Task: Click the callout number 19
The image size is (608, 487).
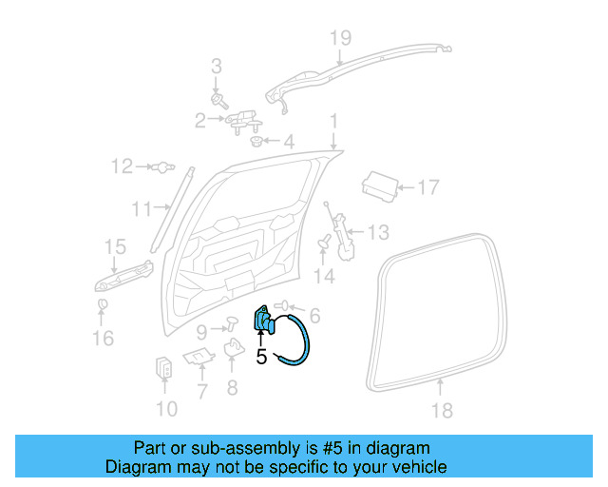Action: tap(340, 37)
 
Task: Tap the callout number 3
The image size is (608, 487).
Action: tap(216, 67)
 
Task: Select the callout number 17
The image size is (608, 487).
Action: tap(428, 186)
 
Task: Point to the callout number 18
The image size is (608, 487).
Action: tap(443, 411)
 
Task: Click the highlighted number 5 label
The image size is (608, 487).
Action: tap(261, 357)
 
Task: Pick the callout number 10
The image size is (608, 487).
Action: tap(165, 410)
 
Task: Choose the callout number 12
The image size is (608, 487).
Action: tap(121, 167)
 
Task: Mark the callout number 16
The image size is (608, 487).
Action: tap(103, 338)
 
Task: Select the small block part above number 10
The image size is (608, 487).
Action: tap(164, 368)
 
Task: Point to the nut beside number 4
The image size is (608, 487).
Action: tap(256, 143)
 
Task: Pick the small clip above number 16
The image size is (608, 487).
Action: tap(103, 304)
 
